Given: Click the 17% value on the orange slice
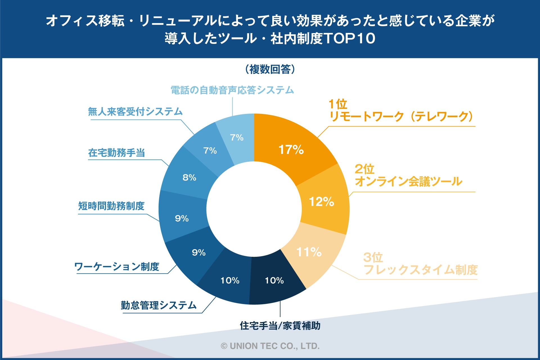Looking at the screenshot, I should [x=291, y=150].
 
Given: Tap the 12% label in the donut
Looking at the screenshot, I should [x=321, y=202].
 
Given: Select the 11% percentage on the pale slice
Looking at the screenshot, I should [x=309, y=252].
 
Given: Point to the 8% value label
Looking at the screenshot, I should [x=189, y=177].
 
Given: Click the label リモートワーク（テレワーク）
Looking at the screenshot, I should [x=402, y=116].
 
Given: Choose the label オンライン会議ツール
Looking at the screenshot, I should [x=408, y=181].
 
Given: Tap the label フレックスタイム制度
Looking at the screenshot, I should [x=420, y=270].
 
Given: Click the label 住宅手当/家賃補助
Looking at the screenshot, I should [x=280, y=326].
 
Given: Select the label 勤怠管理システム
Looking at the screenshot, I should [x=159, y=305].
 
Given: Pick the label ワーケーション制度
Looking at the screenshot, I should [x=117, y=267].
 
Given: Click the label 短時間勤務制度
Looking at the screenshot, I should [x=111, y=206].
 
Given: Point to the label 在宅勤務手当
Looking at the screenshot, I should [x=116, y=153].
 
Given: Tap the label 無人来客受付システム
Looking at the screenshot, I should [x=135, y=112].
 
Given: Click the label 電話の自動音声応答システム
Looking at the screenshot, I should [x=232, y=90].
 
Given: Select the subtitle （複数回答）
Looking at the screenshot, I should [x=270, y=69].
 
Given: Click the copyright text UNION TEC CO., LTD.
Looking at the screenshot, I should [x=270, y=346].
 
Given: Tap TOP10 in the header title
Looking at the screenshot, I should [x=350, y=38].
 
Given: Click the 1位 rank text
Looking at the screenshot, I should [x=338, y=104].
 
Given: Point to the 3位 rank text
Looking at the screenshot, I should [x=373, y=257].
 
